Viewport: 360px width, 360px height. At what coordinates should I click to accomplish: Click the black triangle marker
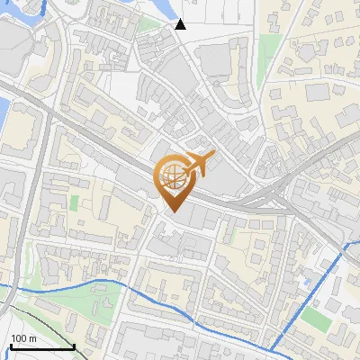(x=181, y=24)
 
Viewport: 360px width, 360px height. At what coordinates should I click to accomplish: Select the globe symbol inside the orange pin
(x=172, y=177)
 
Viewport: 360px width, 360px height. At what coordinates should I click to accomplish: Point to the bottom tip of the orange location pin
(x=173, y=211)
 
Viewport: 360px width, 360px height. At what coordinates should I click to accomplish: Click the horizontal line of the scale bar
(x=42, y=346)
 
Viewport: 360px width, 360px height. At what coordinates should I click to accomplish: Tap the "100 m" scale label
(x=23, y=338)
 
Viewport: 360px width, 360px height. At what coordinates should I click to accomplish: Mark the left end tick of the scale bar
(x=10, y=345)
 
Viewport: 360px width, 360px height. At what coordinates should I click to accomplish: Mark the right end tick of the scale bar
(x=75, y=345)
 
